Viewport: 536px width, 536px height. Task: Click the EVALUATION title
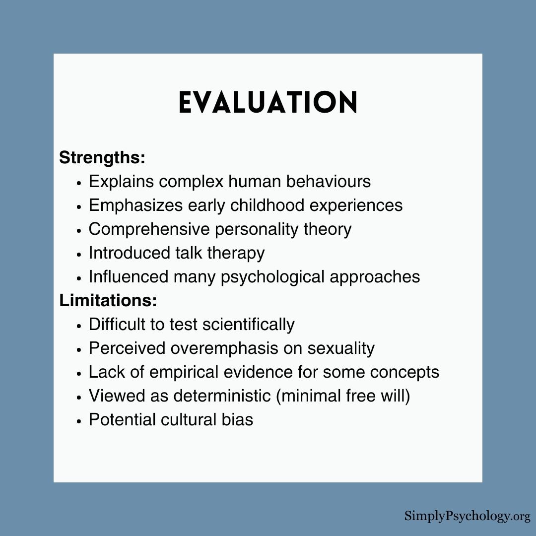pyautogui.click(x=268, y=103)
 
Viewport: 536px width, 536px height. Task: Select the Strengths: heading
pyautogui.click(x=102, y=158)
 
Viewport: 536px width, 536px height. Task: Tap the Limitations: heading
pyautogui.click(x=108, y=300)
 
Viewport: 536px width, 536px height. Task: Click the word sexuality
pyautogui.click(x=341, y=348)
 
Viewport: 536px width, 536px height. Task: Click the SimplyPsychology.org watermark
pyautogui.click(x=467, y=516)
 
